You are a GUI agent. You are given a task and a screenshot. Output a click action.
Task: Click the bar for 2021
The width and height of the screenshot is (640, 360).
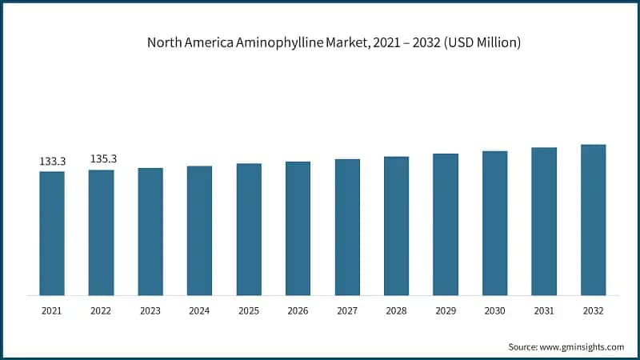pyautogui.click(x=52, y=233)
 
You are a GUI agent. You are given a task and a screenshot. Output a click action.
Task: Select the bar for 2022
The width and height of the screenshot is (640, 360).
pyautogui.click(x=101, y=232)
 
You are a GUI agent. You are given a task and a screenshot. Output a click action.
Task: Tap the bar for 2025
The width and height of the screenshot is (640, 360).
pyautogui.click(x=249, y=229)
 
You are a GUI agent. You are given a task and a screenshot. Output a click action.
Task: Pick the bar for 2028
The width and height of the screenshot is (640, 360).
pyautogui.click(x=396, y=226)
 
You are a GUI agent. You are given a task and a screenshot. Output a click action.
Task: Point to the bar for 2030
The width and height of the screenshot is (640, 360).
pyautogui.click(x=494, y=222)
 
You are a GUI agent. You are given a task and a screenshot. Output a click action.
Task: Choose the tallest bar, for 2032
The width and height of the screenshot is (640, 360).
pyautogui.click(x=593, y=219)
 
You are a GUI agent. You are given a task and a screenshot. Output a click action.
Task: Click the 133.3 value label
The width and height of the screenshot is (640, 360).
pyautogui.click(x=52, y=162)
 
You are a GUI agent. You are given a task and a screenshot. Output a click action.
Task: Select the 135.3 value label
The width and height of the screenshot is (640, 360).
pyautogui.click(x=103, y=159)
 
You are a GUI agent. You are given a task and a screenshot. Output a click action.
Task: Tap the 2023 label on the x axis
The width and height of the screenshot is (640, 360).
pyautogui.click(x=150, y=311)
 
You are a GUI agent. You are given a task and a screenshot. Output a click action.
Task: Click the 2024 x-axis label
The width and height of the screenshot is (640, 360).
pyautogui.click(x=200, y=311)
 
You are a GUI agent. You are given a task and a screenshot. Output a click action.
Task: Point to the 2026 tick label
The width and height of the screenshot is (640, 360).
pyautogui.click(x=298, y=311)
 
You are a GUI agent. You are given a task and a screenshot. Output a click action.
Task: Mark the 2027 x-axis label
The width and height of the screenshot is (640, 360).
pyautogui.click(x=347, y=311)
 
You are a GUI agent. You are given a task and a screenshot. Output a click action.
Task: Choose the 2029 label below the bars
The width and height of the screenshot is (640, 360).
pyautogui.click(x=446, y=311)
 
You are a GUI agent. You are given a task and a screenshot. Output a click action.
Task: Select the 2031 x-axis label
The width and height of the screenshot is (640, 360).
pyautogui.click(x=544, y=311)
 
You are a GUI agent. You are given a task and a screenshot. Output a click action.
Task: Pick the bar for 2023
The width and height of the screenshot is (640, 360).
pyautogui.click(x=150, y=231)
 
